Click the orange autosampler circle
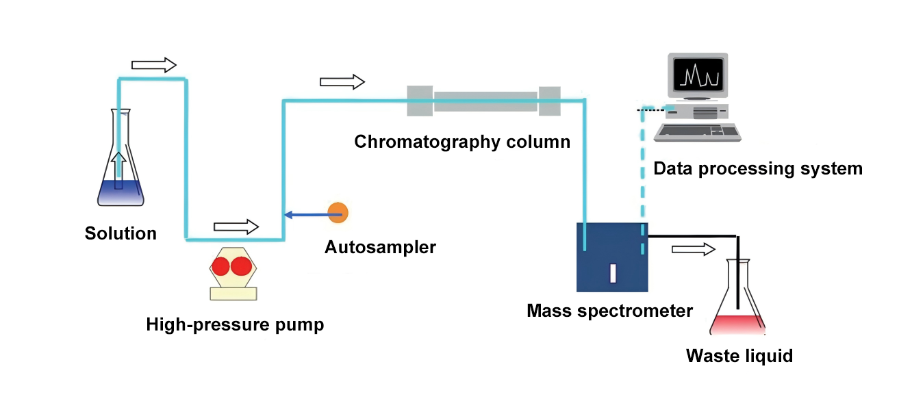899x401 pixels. coord(338,212)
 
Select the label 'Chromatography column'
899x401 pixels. coord(461,142)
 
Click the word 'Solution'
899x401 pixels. coord(121,233)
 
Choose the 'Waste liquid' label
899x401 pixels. coord(739,356)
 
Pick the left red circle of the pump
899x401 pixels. coord(220,266)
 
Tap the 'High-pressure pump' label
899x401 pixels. coord(235,324)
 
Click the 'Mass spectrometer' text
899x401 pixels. coord(609,311)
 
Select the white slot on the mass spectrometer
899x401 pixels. coord(613,272)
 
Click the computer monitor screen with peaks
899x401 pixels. coord(697,73)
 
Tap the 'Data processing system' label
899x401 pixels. coord(758,168)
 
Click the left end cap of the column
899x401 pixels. coord(420,101)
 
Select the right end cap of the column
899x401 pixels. coord(549,101)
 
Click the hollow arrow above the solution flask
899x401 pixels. coord(153,65)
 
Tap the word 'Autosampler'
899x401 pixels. coord(380,247)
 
